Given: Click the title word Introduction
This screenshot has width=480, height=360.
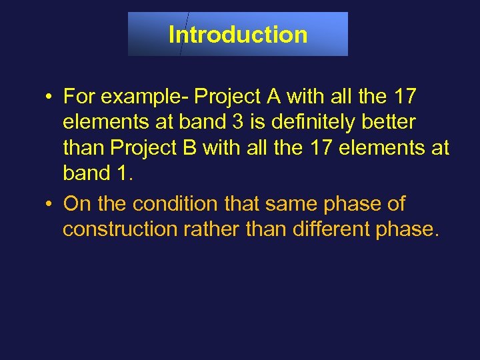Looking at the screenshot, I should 238,34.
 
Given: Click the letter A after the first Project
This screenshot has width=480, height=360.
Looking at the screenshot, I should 273,97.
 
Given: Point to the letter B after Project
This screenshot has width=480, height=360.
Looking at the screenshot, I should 190,148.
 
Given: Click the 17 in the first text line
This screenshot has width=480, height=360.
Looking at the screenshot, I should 403,97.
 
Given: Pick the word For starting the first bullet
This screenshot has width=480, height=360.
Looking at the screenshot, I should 79,97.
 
